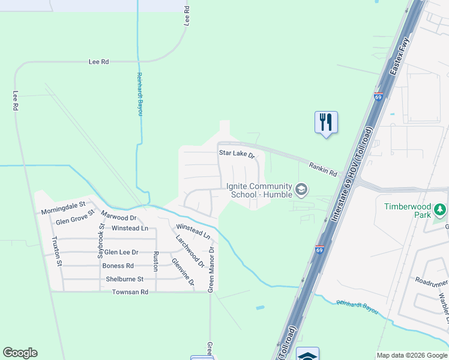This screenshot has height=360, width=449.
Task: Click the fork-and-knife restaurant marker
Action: tap(326, 122)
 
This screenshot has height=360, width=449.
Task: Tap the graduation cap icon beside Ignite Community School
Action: tap(301, 191)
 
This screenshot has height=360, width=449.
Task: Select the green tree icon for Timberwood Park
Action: tap(441, 210)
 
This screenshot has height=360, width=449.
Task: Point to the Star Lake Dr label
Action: tap(237, 154)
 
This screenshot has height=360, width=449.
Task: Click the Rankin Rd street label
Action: tap(323, 169)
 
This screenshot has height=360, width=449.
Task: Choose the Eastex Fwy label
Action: tap(400, 62)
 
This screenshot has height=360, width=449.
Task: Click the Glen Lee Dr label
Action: tap(121, 253)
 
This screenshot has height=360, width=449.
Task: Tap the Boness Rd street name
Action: tap(118, 266)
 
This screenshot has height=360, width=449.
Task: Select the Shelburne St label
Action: tap(125, 279)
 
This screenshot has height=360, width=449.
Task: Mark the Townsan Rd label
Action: tap(130, 292)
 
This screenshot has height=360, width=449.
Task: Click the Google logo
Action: tap(20, 353)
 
